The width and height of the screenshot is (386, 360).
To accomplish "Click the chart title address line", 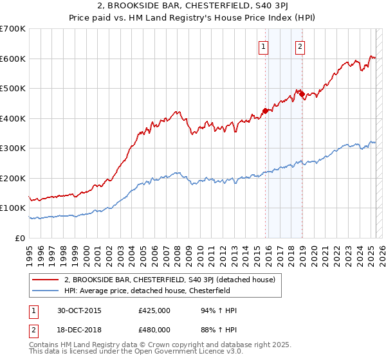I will pyautogui.click(x=193, y=7).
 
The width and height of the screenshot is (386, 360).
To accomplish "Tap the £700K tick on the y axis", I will pyautogui.click(x=13, y=29).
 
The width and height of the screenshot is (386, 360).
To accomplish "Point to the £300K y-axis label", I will pyautogui.click(x=13, y=148).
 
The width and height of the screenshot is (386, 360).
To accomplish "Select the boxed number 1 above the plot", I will pyautogui.click(x=264, y=46).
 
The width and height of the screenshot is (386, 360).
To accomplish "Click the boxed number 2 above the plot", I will pyautogui.click(x=300, y=46).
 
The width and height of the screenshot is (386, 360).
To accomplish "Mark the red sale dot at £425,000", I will pyautogui.click(x=265, y=111).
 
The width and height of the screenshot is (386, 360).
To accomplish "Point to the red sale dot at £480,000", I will pyautogui.click(x=301, y=94).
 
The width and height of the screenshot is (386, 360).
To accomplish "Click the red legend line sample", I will pyautogui.click(x=46, y=280).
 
